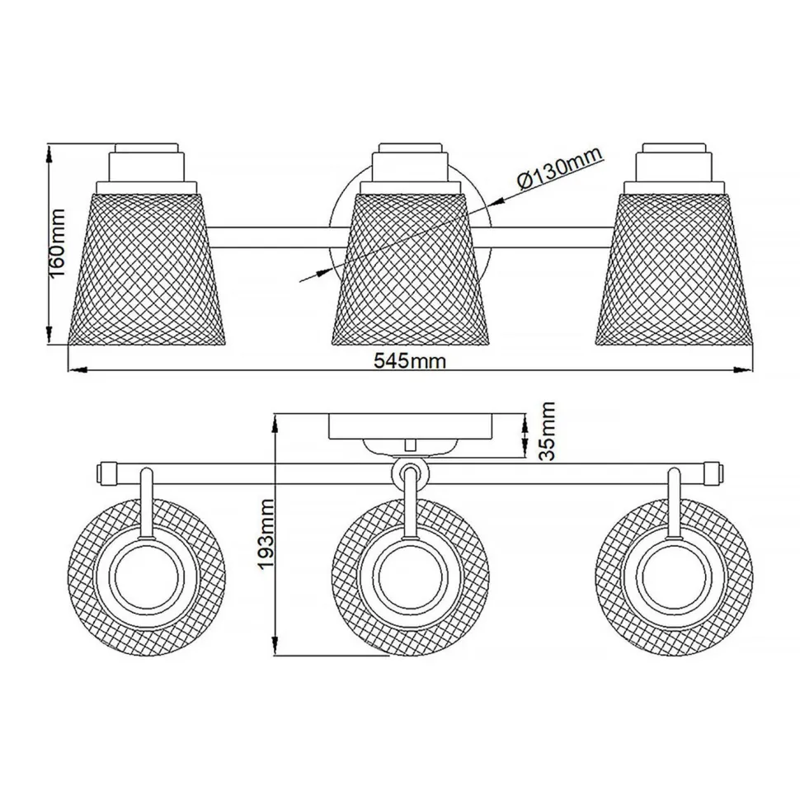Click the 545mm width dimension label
(x=410, y=360)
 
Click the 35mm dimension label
(x=547, y=431)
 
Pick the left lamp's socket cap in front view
(x=146, y=163)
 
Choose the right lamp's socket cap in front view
(x=675, y=163)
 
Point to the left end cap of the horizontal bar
(x=106, y=473)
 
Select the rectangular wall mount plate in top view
(x=410, y=426)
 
